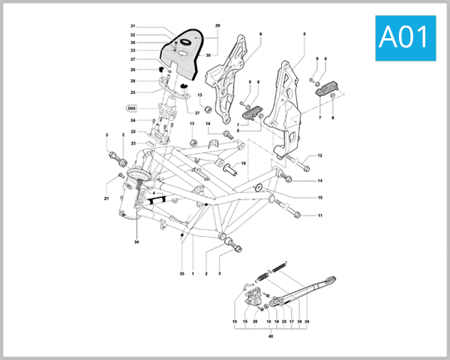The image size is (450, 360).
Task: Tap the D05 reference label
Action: tap(131, 108)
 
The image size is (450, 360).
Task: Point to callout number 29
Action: tap(217, 26)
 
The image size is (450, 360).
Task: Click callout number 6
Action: tap(261, 34)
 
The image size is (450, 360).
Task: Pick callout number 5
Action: tap(304, 34)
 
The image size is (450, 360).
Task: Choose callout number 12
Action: tap(319, 156)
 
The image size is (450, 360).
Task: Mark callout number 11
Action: tap(319, 216)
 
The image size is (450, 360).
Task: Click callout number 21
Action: tap(106, 199)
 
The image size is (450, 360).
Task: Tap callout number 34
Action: tap(137, 242)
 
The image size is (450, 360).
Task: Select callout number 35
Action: tap(181, 274)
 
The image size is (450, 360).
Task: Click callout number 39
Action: tap(306, 321)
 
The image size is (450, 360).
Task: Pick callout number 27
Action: tap(198, 112)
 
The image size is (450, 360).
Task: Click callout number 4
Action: tap(153, 193)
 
